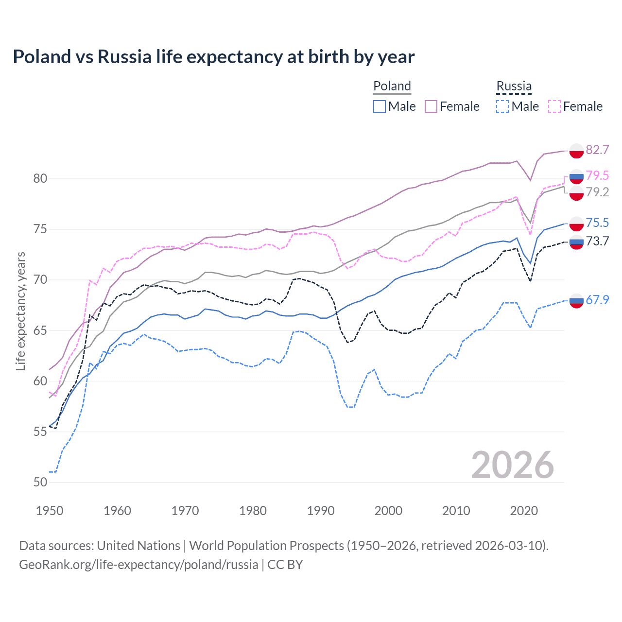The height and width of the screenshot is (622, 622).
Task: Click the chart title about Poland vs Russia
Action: point(213,57)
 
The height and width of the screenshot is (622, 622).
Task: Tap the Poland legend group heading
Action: point(392,86)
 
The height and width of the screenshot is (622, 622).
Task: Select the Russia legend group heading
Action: point(514,86)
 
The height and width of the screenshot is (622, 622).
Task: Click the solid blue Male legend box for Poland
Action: point(380,106)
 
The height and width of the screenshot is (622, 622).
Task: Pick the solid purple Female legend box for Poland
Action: point(431,106)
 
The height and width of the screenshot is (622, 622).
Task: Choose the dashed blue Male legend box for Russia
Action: point(502,106)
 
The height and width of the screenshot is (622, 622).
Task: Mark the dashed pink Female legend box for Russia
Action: point(554,106)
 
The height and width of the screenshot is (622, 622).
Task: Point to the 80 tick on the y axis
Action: point(40,178)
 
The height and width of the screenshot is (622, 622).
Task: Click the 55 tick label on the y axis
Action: point(40,432)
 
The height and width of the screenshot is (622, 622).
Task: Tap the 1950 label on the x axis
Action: point(50,511)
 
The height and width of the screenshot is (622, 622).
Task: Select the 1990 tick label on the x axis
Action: point(321,511)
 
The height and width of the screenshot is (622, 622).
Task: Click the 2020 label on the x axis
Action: point(524,511)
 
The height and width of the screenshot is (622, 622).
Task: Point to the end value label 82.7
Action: point(597,150)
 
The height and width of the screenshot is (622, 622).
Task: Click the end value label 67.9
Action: point(597,300)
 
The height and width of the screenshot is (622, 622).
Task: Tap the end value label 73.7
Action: point(597,241)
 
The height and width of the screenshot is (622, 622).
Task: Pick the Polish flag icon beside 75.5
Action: point(576,224)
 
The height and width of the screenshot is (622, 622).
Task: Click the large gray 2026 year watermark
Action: point(512,465)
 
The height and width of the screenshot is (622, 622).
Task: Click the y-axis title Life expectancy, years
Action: point(20,311)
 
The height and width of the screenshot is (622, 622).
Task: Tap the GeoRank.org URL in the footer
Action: point(138,565)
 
